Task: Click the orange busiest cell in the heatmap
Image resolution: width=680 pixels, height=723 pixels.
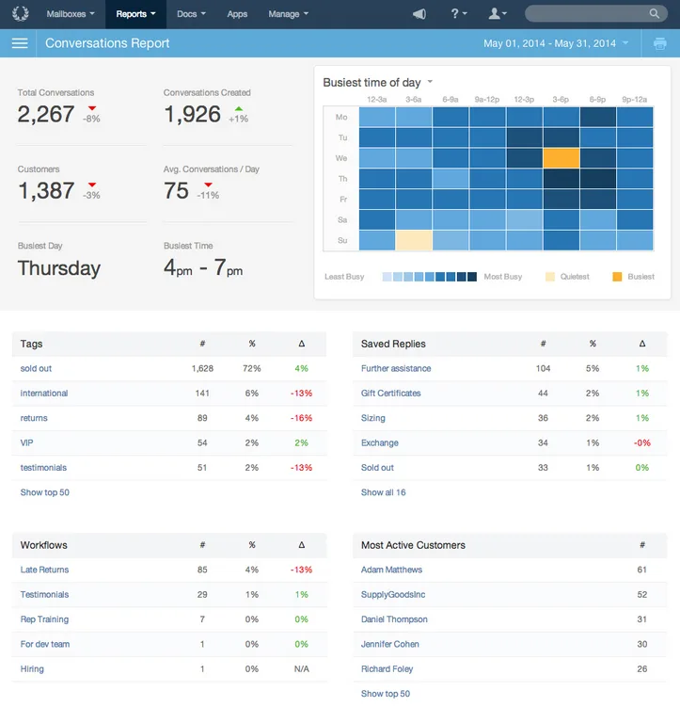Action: point(561,158)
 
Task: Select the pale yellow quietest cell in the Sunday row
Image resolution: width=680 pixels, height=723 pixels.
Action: point(414,240)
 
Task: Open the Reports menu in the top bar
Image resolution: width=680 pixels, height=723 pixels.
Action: point(135,14)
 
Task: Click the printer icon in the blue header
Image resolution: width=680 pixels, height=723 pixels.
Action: point(659,43)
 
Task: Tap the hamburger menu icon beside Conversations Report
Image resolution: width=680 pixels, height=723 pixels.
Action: point(20,43)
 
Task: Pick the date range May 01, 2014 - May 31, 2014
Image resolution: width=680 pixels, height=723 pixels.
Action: point(549,43)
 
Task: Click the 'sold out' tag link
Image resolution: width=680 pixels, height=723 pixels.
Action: point(36,368)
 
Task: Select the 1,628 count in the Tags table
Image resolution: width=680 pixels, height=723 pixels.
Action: point(202,368)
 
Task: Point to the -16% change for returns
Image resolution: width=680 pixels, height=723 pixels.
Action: point(301,418)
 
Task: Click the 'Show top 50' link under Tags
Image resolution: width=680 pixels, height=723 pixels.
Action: point(45,492)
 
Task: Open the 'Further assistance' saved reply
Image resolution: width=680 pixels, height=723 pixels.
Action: point(396,368)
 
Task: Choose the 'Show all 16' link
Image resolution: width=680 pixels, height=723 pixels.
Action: point(384,492)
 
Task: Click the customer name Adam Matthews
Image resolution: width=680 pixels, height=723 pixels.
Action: point(391,570)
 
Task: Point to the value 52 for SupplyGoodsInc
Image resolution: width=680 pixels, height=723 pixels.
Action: point(642,594)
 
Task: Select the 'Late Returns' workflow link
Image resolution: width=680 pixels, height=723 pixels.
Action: point(44,570)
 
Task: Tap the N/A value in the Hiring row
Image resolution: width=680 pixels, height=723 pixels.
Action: point(301,668)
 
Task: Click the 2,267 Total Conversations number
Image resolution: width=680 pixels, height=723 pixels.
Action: point(46,114)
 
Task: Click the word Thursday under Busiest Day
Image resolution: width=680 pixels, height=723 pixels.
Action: point(59,268)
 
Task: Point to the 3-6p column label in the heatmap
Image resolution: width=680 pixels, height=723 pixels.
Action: point(561,99)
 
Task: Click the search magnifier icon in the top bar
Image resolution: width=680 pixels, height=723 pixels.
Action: point(655,13)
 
